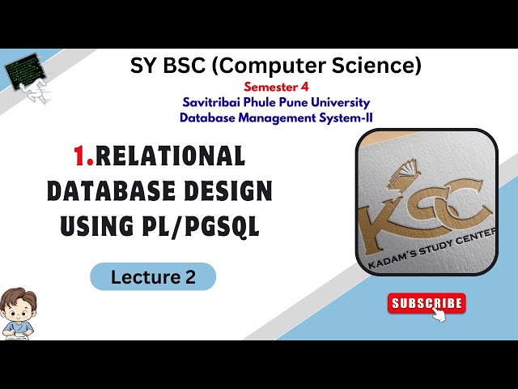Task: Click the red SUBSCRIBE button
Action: pyautogui.click(x=427, y=304)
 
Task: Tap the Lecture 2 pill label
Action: pyautogui.click(x=153, y=276)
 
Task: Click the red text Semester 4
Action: pyautogui.click(x=275, y=86)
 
